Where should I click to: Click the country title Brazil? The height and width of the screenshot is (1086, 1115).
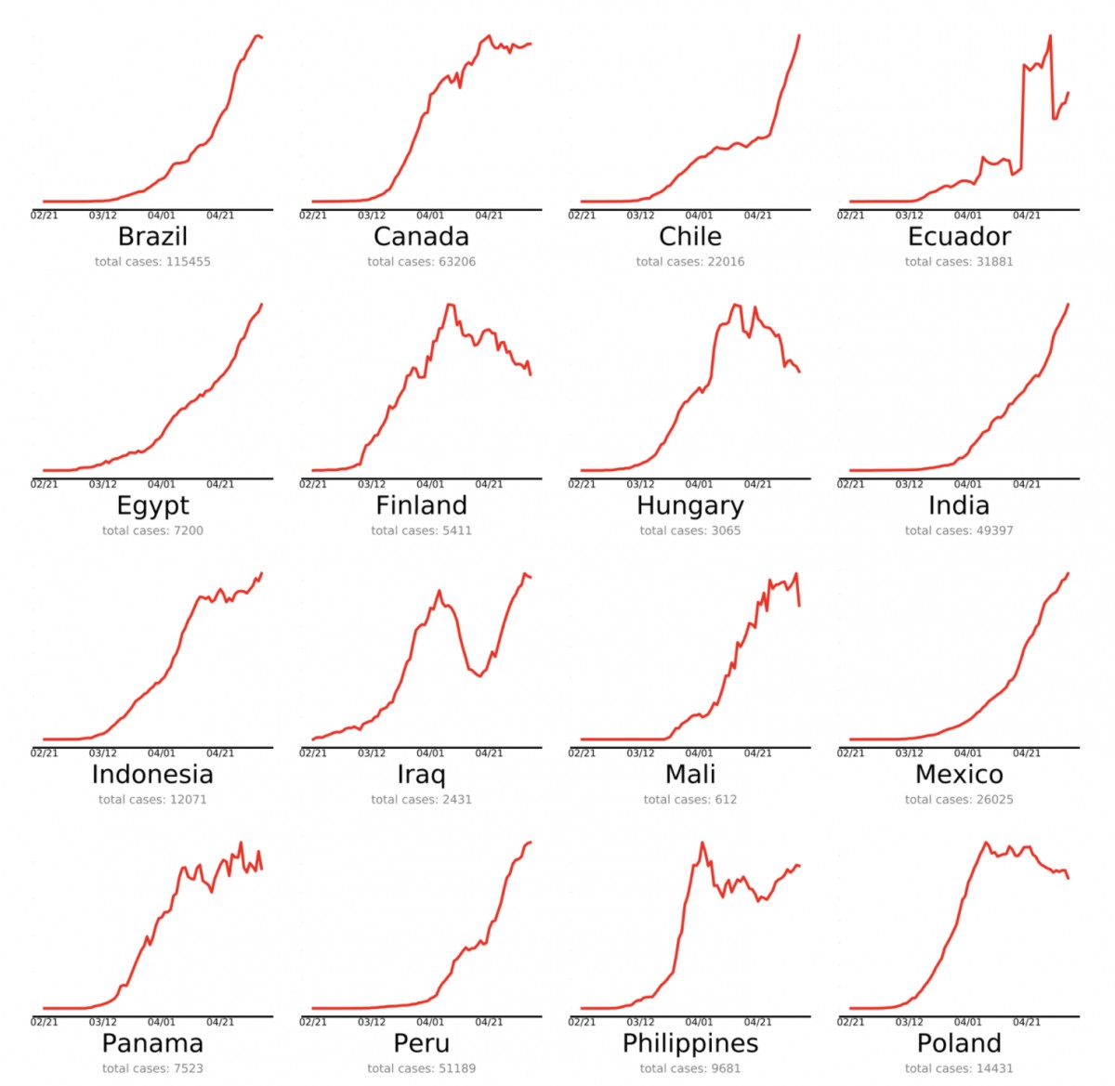(152, 237)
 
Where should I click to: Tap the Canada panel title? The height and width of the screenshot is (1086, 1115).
(421, 237)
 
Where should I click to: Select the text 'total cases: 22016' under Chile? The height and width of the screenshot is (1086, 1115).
(689, 262)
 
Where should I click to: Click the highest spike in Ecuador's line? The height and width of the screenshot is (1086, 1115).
(1050, 36)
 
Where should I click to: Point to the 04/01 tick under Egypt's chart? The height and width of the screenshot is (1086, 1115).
(162, 484)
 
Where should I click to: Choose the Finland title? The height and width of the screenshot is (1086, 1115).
(421, 506)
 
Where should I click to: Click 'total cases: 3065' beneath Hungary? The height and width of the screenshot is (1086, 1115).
(689, 530)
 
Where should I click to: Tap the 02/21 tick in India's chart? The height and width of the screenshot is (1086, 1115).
(850, 484)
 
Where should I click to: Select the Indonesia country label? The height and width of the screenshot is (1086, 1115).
(152, 775)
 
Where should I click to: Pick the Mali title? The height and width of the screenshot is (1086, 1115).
(689, 775)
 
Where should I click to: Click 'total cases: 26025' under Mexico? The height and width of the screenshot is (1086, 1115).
(959, 799)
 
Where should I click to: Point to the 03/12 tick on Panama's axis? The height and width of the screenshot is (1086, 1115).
(103, 1022)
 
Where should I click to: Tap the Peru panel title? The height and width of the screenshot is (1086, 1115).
(421, 1043)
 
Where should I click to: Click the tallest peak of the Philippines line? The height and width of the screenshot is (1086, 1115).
(702, 843)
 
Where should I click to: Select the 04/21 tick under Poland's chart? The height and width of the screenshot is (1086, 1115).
(1027, 1022)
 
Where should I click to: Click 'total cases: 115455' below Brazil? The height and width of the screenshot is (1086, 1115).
(152, 262)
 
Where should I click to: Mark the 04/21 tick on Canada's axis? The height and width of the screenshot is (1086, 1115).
(489, 216)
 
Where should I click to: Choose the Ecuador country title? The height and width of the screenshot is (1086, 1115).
(959, 237)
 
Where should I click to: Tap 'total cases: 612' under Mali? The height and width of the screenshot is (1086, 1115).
(689, 799)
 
